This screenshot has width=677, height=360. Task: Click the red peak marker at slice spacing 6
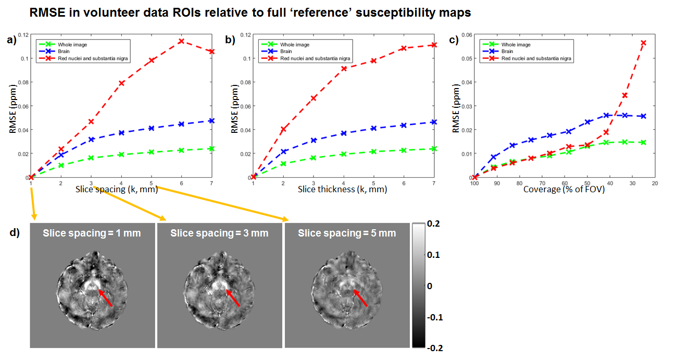181,41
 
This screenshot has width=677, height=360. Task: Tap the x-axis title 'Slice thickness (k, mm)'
342,190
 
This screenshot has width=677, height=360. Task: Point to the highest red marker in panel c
643,43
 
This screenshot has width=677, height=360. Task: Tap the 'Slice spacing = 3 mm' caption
219,233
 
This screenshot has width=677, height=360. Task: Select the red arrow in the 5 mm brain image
360,298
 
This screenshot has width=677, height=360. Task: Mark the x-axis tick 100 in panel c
474,184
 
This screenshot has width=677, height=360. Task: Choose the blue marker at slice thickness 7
434,122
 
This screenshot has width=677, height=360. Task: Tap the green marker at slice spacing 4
121,154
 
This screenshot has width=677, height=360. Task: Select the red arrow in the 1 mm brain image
106,298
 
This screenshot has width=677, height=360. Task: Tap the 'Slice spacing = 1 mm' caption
92,233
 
